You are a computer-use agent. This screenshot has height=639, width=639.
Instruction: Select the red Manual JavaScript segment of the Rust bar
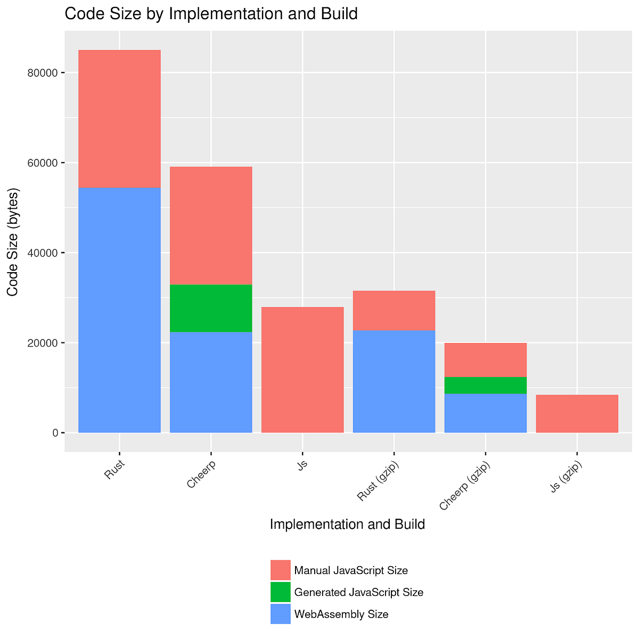coord(119,119)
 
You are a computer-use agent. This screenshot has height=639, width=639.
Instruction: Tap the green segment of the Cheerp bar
coord(211,308)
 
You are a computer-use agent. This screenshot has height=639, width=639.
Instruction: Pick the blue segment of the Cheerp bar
coord(211,382)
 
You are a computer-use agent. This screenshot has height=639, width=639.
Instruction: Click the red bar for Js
coord(302,370)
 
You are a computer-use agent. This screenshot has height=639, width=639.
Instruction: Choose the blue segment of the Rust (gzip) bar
coord(394,381)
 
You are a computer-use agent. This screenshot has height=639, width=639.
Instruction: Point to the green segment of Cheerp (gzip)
coord(486,385)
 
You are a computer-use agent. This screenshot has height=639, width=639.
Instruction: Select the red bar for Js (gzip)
coord(577,413)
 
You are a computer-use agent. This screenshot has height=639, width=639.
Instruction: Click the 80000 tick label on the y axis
coord(43,73)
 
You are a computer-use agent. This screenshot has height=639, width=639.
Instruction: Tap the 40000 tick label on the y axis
coord(43,253)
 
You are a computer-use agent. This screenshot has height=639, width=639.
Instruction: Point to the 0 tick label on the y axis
coord(55,433)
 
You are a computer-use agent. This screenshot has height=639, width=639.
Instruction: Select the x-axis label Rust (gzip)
coord(379,482)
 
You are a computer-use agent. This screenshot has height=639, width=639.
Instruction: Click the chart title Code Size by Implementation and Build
coord(211,14)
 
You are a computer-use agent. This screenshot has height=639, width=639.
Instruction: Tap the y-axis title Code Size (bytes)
coord(13,242)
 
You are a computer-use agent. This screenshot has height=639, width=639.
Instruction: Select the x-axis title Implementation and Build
coord(347,525)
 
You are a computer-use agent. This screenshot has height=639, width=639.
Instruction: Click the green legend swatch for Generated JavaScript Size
coord(281,592)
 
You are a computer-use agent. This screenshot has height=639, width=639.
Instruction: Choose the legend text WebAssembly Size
coord(341,615)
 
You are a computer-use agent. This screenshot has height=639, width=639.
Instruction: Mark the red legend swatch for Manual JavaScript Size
coord(281,570)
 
